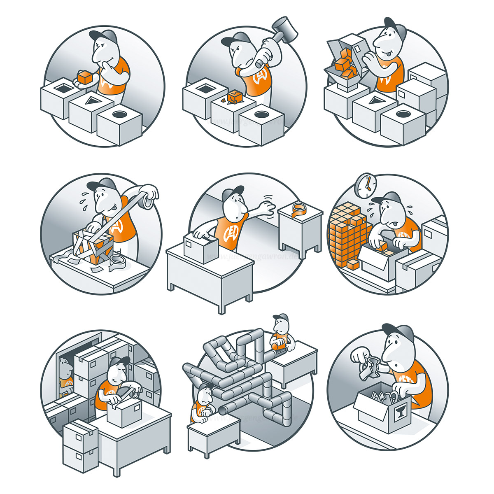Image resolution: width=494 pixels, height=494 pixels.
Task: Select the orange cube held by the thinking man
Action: (x=85, y=77)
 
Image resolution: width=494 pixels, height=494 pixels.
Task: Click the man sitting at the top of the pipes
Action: (x=281, y=333)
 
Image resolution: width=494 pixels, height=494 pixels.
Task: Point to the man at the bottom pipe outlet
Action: (x=203, y=403)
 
